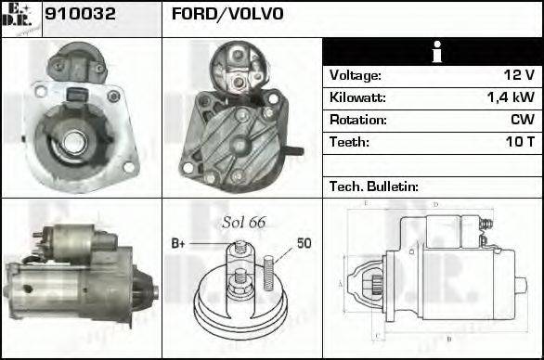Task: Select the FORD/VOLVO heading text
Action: click(x=227, y=15)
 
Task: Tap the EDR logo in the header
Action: click(x=21, y=18)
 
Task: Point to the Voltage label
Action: click(x=355, y=75)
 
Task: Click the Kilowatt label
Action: click(x=357, y=97)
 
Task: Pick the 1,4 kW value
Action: click(x=511, y=97)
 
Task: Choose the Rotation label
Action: click(x=356, y=120)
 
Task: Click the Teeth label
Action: click(x=349, y=142)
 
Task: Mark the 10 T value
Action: click(x=520, y=142)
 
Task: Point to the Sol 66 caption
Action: click(x=243, y=223)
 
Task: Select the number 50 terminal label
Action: click(x=304, y=244)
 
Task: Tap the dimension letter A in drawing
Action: click(x=341, y=283)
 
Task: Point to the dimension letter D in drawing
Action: click(x=435, y=204)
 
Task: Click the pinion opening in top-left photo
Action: click(x=74, y=141)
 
